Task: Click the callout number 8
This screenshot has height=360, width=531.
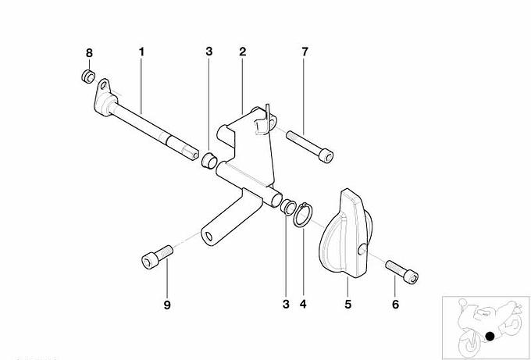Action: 89,53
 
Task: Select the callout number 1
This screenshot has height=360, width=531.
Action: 141,52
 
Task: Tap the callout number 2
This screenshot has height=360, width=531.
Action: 243,52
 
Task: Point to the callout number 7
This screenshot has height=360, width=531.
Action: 305,52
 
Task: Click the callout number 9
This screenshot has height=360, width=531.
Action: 167,305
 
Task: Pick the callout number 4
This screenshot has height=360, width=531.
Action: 303,304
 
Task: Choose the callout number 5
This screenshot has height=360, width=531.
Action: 348,304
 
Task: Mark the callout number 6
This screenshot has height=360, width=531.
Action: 396,305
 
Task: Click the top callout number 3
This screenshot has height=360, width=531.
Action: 209,52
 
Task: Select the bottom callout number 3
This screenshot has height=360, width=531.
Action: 286,304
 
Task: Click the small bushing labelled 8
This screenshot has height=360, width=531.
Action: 88,76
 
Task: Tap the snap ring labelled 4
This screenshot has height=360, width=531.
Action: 303,215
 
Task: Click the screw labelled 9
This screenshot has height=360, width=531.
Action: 157,257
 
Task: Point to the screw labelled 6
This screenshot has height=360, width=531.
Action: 402,272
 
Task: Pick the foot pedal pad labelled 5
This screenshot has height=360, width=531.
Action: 344,233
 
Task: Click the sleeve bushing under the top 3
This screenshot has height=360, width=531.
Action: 209,160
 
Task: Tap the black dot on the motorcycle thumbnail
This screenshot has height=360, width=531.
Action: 490,337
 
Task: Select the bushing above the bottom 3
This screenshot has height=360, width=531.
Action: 287,207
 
